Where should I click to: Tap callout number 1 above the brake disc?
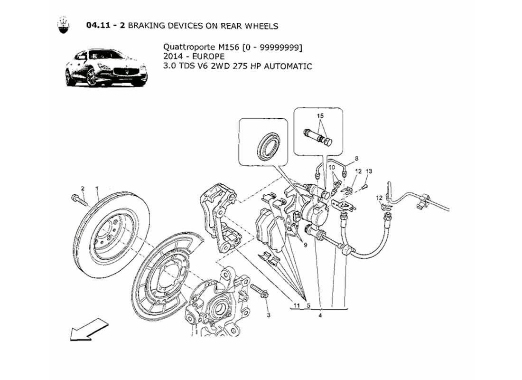click(97, 189)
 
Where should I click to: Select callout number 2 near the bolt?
click(82, 189)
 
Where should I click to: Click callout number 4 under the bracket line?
click(320, 315)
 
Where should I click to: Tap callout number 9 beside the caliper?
click(306, 246)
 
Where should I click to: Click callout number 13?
click(369, 171)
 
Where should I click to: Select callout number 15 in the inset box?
click(320, 116)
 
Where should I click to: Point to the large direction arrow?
click(89, 330)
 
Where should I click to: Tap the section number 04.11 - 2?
click(105, 26)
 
